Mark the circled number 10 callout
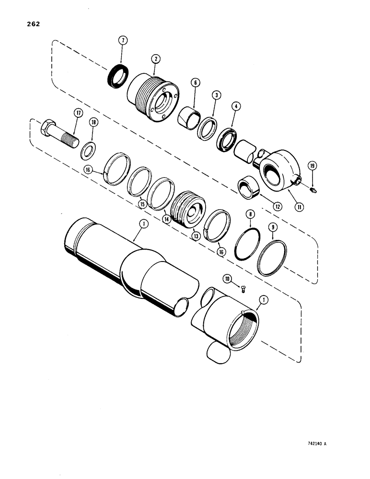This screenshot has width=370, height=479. pyautogui.click(x=229, y=277)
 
